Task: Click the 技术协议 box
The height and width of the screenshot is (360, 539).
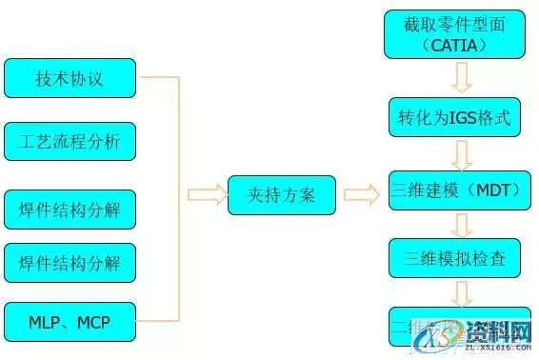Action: click(x=69, y=78)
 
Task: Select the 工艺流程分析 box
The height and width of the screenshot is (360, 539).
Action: click(x=69, y=142)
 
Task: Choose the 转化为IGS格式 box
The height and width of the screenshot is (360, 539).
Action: click(x=455, y=119)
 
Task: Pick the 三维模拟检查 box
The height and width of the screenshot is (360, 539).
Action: click(x=455, y=258)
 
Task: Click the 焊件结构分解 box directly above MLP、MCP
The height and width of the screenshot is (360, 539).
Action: click(x=69, y=262)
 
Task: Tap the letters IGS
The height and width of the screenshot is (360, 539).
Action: click(x=458, y=119)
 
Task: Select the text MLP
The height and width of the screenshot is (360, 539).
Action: click(x=38, y=323)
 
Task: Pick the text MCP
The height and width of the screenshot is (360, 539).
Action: click(x=93, y=323)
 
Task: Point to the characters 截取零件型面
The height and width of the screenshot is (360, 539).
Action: click(x=454, y=23)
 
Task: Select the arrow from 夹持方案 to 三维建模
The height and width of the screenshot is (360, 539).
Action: click(x=361, y=195)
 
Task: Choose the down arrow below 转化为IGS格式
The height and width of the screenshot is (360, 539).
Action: click(x=461, y=153)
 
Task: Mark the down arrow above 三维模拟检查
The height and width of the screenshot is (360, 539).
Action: click(x=461, y=224)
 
